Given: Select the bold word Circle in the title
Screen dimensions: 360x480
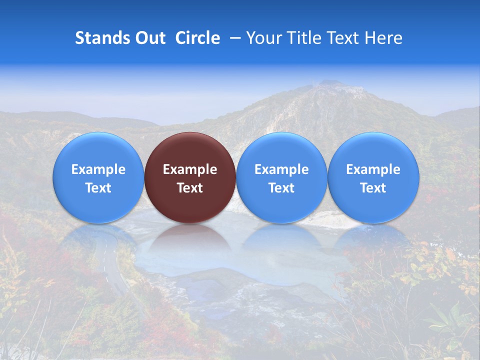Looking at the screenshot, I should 197,38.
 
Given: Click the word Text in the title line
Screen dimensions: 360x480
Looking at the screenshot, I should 342,38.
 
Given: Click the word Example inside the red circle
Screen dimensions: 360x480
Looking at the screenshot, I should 190,169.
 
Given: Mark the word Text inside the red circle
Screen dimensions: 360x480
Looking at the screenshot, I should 190,188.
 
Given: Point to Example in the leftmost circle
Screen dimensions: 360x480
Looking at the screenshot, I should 98,169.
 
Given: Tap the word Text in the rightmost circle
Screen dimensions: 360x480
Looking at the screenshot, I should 373,188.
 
